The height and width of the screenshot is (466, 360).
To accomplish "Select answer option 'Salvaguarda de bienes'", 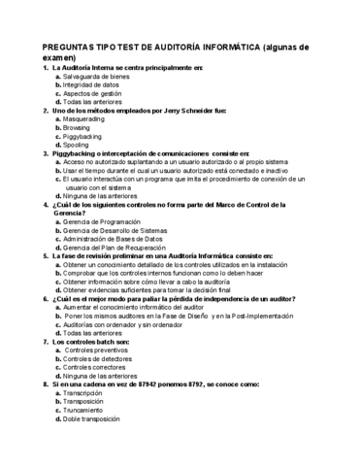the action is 96,75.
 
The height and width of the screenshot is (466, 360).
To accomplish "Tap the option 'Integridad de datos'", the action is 92,83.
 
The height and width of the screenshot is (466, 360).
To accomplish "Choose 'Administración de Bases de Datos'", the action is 114,238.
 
